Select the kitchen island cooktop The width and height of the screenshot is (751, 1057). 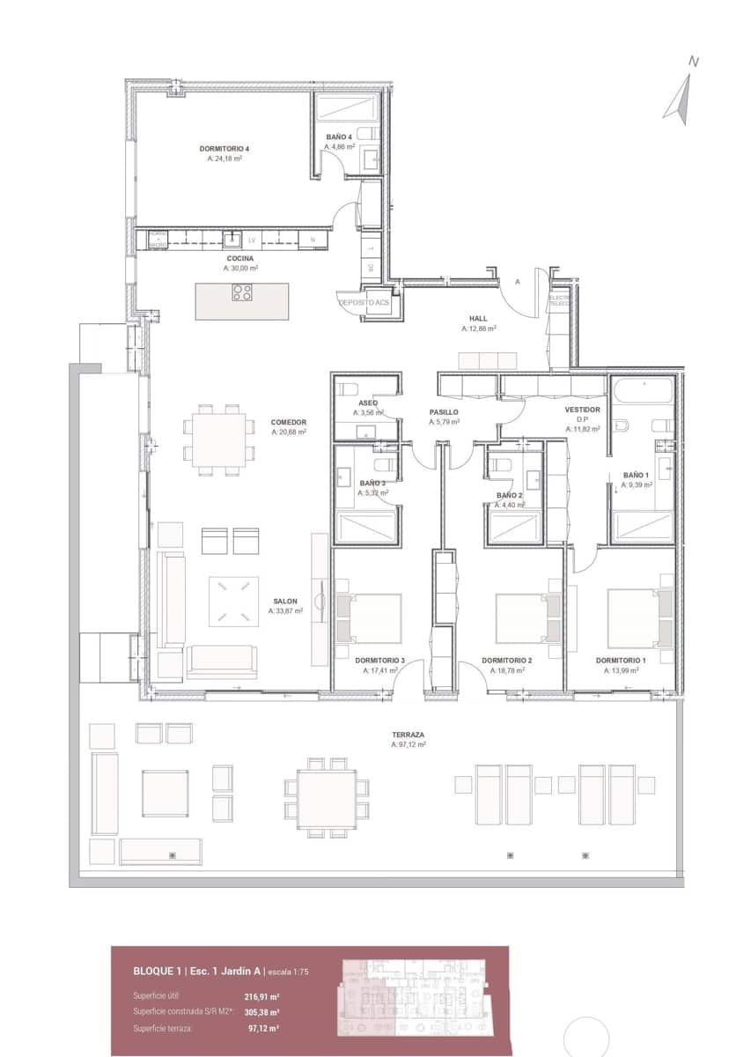point(242,292)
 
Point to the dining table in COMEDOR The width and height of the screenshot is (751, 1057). point(216,439)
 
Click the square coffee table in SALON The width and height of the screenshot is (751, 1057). point(233,602)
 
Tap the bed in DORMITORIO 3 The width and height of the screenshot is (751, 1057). point(367,618)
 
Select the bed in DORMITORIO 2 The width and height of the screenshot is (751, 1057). point(527,618)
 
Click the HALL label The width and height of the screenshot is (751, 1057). point(478,319)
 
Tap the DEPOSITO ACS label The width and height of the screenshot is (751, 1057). point(364,302)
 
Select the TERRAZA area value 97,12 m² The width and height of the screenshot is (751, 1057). point(409,745)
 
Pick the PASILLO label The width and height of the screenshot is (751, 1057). point(444,412)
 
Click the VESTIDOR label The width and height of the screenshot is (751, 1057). point(582,410)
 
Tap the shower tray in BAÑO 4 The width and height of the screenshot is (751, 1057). point(346,108)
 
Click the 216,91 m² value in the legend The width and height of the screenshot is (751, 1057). point(261,997)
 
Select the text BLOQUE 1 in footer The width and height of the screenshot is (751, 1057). point(157,971)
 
